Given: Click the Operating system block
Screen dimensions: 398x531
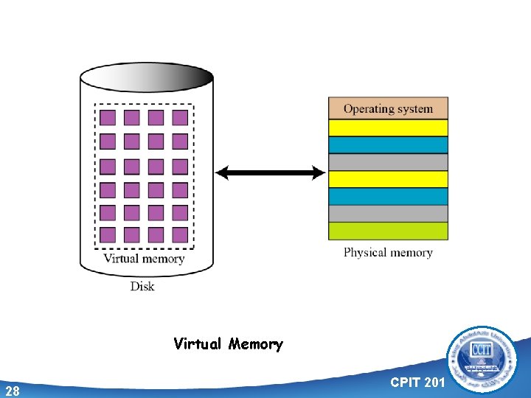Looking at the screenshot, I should [x=388, y=108].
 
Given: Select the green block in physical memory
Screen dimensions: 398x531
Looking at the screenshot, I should [x=388, y=231].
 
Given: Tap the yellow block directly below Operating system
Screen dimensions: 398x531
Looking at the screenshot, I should [x=388, y=128].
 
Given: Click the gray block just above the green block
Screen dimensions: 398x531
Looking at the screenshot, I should [x=388, y=213].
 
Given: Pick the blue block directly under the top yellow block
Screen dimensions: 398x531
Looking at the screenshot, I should [x=388, y=144].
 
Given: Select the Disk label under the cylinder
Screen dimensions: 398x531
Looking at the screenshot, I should [x=142, y=286].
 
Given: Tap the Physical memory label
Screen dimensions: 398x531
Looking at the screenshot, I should [x=388, y=253].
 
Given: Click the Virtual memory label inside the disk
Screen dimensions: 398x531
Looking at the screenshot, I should [x=144, y=259].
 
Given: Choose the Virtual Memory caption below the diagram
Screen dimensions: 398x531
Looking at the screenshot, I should [x=228, y=344].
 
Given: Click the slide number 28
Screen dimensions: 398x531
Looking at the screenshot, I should [x=12, y=391].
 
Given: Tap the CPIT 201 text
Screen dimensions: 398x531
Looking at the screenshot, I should [x=417, y=382].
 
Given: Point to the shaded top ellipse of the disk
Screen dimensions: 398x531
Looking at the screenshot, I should [x=146, y=77].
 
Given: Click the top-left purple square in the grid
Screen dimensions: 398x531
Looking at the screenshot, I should [x=108, y=118].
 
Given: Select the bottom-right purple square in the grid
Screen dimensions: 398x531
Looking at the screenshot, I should [x=180, y=235].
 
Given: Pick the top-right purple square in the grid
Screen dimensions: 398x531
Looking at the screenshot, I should [x=180, y=118].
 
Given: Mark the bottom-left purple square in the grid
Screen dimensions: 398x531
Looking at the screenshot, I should [x=108, y=235].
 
